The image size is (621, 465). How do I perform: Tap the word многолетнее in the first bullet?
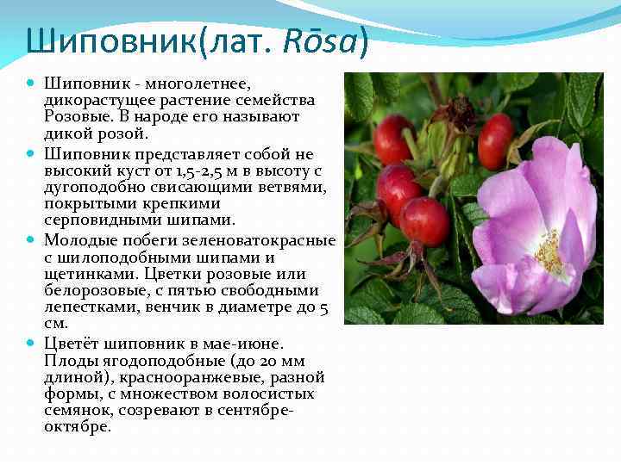197,84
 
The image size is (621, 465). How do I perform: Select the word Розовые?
79,117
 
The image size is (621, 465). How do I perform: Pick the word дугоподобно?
97,188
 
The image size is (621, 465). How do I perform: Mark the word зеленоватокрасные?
258,239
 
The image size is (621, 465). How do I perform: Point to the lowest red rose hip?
424,221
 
